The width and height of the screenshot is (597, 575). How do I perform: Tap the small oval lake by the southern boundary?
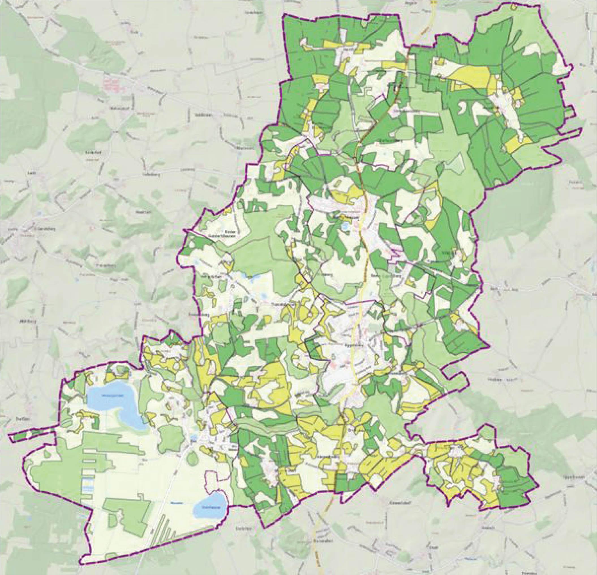click(x=210, y=507)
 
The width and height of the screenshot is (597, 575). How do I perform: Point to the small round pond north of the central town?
click(x=345, y=226)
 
